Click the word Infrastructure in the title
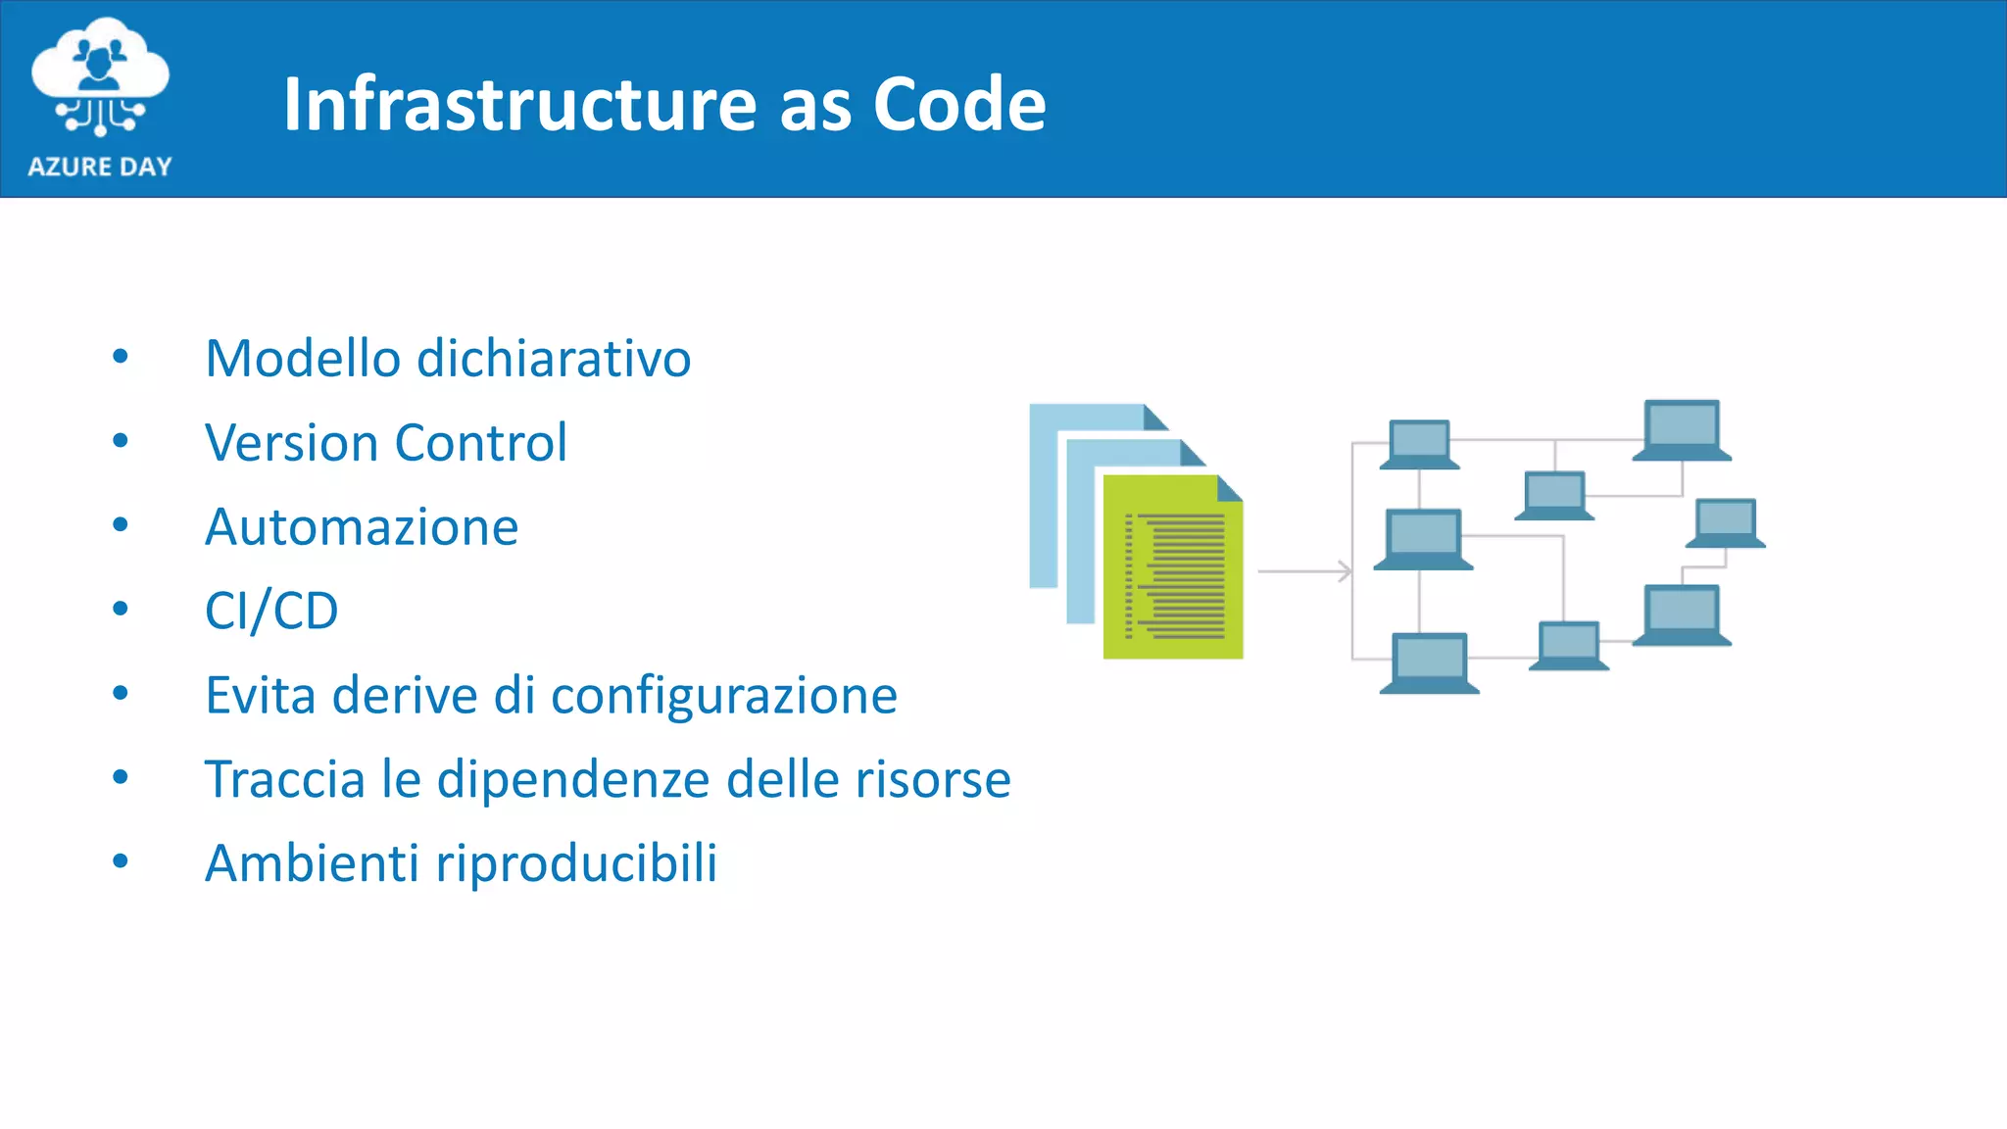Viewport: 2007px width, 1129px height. click(519, 105)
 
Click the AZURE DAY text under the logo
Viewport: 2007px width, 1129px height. click(100, 167)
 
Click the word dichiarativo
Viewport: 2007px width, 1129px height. click(554, 359)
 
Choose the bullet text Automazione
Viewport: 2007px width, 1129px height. click(361, 527)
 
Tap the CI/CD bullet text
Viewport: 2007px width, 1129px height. click(271, 612)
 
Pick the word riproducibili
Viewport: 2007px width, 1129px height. click(576, 864)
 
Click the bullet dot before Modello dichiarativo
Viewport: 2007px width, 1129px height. click(121, 357)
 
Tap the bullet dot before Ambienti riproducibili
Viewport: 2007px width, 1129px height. click(121, 862)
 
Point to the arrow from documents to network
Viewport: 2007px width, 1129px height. click(1304, 570)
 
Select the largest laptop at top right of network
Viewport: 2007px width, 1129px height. click(1682, 429)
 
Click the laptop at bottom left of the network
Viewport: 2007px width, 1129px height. click(1429, 663)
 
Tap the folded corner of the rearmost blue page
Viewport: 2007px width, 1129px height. click(1155, 417)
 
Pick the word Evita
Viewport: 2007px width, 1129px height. click(260, 696)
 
